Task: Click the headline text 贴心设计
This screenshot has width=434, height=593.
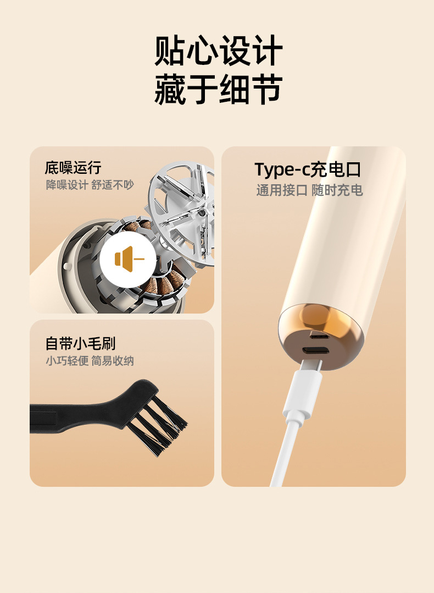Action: pos(218,51)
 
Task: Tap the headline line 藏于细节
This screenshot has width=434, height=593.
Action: pos(218,90)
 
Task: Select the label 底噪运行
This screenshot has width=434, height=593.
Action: pos(73,168)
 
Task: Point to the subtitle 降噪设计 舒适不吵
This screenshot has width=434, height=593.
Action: pos(90,185)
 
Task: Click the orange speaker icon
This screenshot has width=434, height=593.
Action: pos(126,259)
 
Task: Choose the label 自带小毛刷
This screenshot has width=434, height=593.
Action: pos(80,344)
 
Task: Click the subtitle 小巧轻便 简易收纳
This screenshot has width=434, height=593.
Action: pos(90,361)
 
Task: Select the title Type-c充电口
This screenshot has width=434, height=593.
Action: pos(308,169)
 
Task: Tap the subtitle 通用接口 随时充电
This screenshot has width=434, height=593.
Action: pos(309,190)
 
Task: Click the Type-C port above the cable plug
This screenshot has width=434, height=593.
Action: pos(316,351)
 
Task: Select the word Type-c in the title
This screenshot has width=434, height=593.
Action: pos(281,170)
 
